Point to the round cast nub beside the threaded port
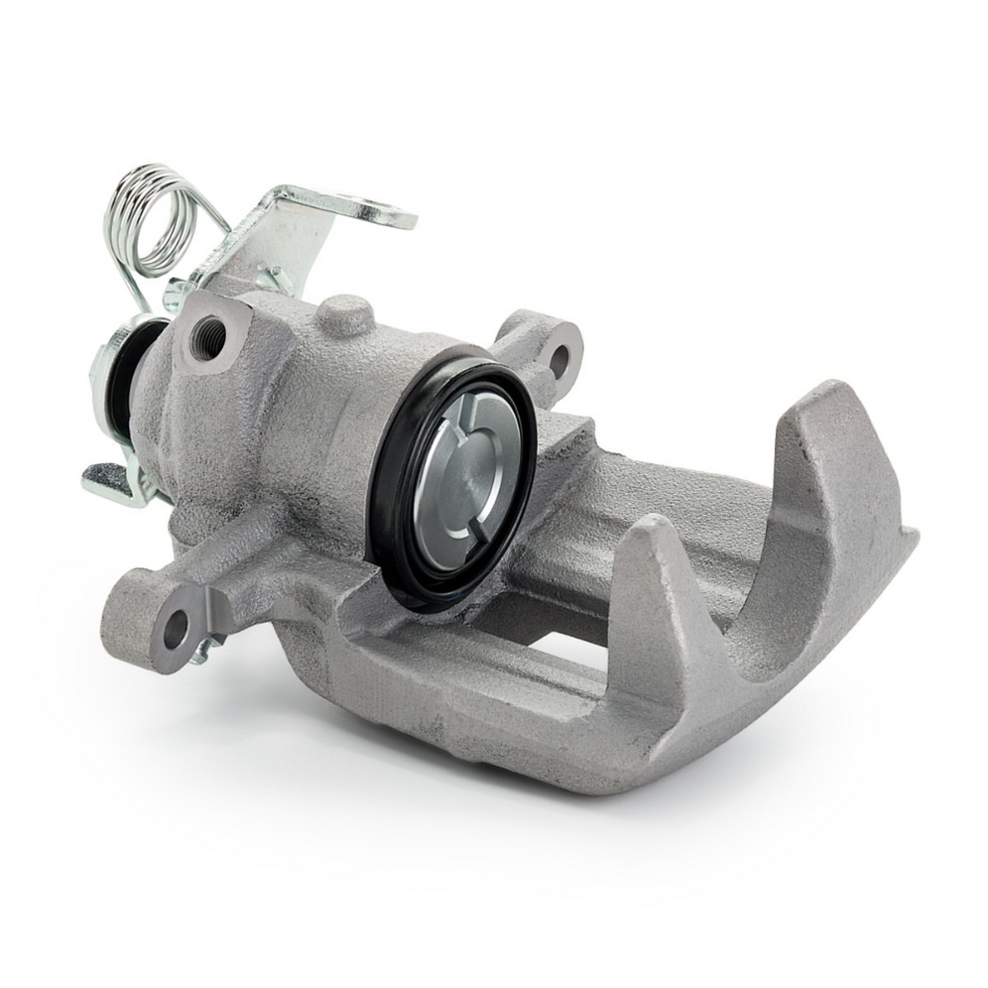click(344, 314)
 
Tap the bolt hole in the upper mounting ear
click(558, 358)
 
